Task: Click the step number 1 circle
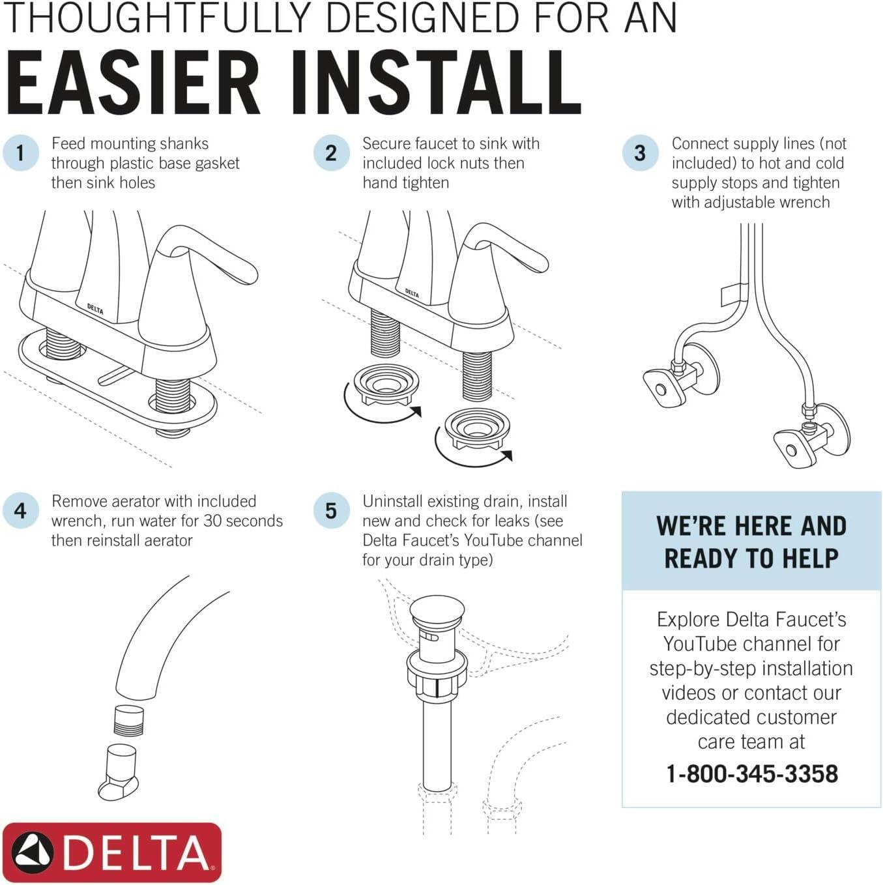pos(20,152)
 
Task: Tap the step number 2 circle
pos(331,152)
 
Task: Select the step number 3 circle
pos(640,152)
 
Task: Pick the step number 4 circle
pos(20,510)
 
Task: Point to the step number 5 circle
pos(331,510)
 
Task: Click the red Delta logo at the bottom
pos(112,852)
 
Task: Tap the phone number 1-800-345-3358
pos(752,774)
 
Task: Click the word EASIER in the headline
pos(133,83)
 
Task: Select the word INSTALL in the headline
pos(436,83)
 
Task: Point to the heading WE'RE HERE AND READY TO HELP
pos(751,542)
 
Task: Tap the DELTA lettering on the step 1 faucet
pos(95,309)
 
